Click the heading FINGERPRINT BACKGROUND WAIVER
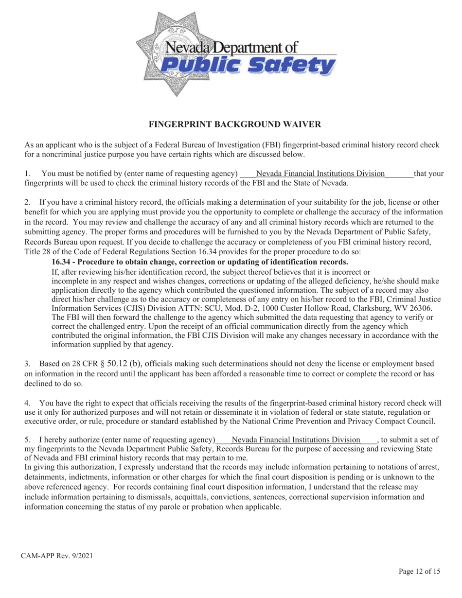point(234,125)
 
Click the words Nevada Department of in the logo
point(231,48)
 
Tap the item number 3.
point(27,363)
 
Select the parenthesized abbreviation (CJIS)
point(142,308)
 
